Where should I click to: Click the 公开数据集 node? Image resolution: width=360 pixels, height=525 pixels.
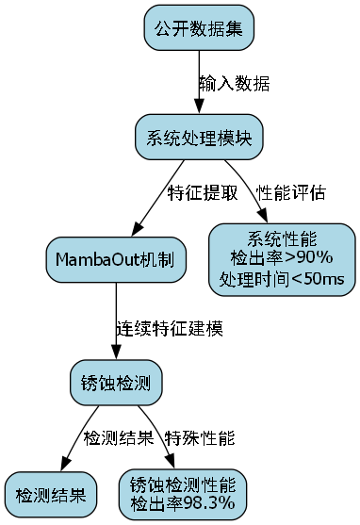pos(198,28)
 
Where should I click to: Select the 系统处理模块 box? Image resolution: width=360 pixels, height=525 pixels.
pos(198,138)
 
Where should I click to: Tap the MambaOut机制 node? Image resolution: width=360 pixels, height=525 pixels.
pos(115,259)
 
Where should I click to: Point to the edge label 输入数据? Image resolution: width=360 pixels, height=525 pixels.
pos(234,83)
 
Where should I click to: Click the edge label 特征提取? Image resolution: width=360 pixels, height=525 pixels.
pos(203,193)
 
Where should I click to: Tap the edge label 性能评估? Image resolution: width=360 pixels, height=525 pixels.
pos(291,193)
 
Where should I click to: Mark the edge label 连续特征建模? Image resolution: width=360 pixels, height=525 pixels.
pos(170,329)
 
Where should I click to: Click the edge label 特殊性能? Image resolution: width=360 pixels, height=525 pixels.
pos(200,438)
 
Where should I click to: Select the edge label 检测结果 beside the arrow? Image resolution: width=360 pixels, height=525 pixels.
pos(119,438)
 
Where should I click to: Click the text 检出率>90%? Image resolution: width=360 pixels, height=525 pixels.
pos(283,256)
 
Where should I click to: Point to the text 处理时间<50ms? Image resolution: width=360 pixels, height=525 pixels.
pos(283,279)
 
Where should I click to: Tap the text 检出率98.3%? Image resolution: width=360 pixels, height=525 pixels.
pos(183,503)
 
